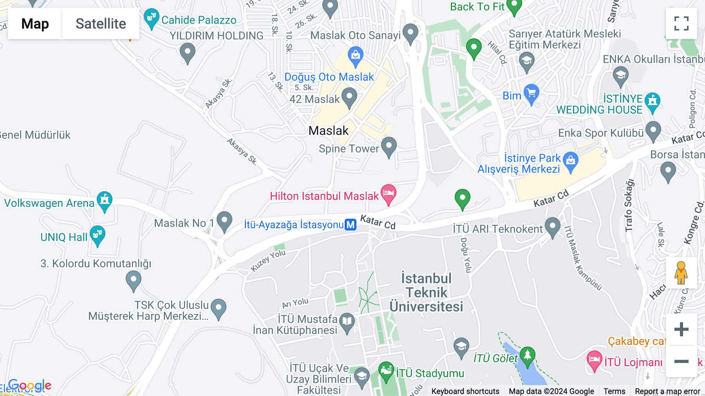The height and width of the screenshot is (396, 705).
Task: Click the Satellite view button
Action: coord(101,24)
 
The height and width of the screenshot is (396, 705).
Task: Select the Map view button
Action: coord(35,24)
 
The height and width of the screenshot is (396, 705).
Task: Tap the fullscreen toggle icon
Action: coord(681,24)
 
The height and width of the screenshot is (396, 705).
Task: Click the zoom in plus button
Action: coord(681,329)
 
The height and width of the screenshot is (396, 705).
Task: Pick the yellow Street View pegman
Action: coord(681,273)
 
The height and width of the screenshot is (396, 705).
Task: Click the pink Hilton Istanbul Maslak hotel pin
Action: coord(388,194)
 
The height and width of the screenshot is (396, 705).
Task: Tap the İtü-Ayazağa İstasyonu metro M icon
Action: coord(351,225)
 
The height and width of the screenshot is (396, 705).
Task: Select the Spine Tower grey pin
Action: coord(389,146)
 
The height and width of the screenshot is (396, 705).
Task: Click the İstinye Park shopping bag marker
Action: coord(570,161)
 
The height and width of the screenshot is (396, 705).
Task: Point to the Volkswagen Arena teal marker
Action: coord(105,201)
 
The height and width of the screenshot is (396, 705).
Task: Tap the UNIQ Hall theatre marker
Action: coord(97,235)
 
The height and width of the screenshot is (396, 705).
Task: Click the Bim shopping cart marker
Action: coord(531,94)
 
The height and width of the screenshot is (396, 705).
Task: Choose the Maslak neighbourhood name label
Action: coord(328,131)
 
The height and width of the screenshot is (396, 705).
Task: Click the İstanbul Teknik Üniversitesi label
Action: coord(426,292)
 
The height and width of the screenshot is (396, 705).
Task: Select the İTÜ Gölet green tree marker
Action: coord(527,356)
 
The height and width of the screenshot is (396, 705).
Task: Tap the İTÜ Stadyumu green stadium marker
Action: coord(386,371)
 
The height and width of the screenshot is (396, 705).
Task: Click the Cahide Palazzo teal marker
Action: coord(151,18)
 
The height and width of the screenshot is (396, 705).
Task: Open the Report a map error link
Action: coord(667,391)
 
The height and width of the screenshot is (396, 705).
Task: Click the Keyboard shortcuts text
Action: coord(465,391)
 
